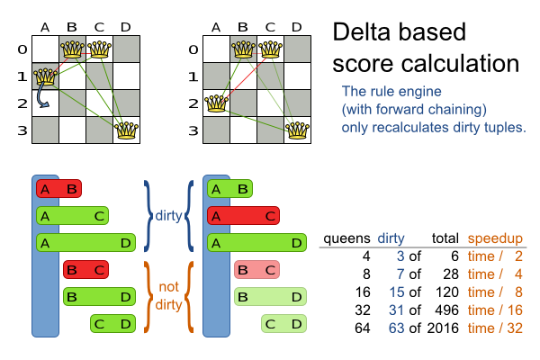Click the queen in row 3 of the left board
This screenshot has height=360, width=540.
(127, 130)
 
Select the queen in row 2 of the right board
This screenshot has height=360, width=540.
(215, 103)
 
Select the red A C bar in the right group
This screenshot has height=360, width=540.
(242, 215)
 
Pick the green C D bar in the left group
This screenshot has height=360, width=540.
(112, 323)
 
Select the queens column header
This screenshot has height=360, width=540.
(346, 238)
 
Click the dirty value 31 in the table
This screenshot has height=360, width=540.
(392, 310)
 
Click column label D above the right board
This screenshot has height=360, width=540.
(296, 27)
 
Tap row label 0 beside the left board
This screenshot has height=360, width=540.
(23, 49)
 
